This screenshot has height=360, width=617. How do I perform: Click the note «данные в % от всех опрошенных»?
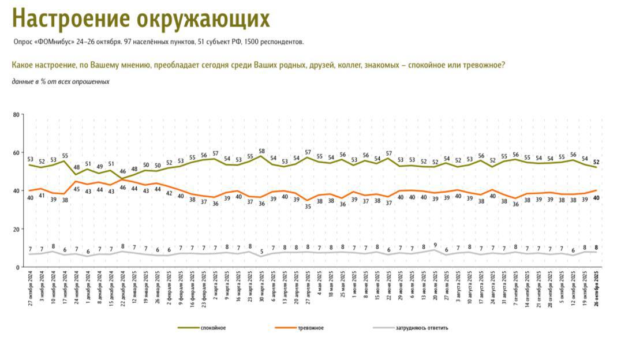pyautogui.click(x=61, y=81)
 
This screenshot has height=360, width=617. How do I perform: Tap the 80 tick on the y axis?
pyautogui.click(x=16, y=115)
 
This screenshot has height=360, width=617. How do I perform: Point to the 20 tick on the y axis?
pyautogui.click(x=16, y=229)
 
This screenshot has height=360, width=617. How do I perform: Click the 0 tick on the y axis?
pyautogui.click(x=18, y=267)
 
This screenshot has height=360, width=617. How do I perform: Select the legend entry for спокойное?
pyautogui.click(x=213, y=328)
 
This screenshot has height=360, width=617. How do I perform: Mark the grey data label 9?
pyautogui.click(x=434, y=245)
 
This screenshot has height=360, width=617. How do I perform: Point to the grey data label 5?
pyautogui.click(x=261, y=252)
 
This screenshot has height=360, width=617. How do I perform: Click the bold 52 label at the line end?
pyautogui.click(x=596, y=162)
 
